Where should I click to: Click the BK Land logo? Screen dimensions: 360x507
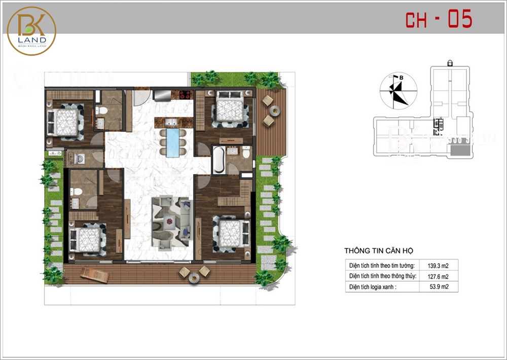pyautogui.click(x=31, y=30)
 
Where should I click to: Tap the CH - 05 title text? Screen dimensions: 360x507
pyautogui.click(x=439, y=19)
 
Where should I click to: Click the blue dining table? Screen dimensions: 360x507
pyautogui.click(x=172, y=144)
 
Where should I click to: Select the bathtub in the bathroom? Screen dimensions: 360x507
pyautogui.click(x=219, y=159)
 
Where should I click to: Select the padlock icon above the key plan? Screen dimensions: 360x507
pyautogui.click(x=450, y=62)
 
